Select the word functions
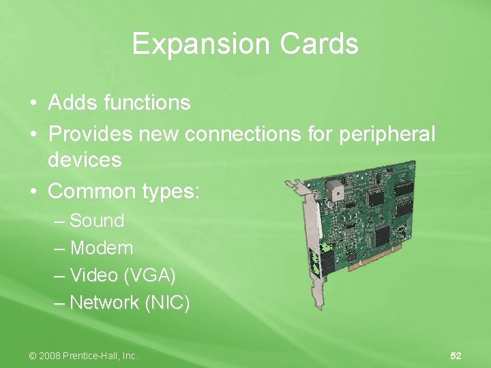[x=147, y=103]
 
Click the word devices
[x=85, y=161]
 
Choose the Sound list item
[x=97, y=221]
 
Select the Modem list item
[x=101, y=248]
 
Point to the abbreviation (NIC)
[x=167, y=303]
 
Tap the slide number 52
[x=456, y=356]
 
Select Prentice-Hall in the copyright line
[x=95, y=356]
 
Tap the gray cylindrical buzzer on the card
[x=335, y=189]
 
